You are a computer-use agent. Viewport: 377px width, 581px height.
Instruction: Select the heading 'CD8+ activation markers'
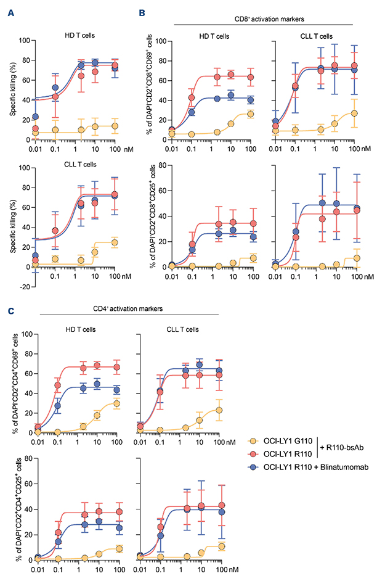(262, 19)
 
